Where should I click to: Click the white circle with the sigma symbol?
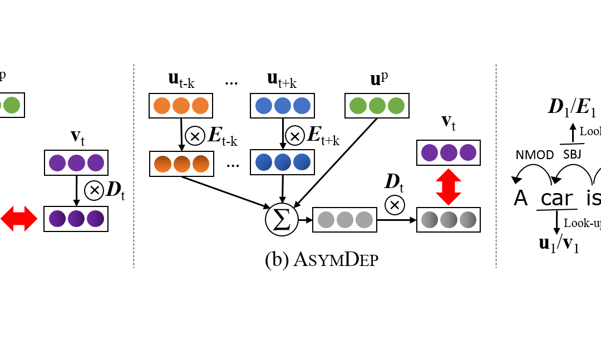[282, 219]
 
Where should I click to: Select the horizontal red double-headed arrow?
[19, 219]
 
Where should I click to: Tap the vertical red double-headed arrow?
[449, 187]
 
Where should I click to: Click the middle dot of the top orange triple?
[181, 106]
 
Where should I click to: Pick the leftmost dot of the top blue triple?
[264, 106]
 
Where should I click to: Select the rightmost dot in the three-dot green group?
[396, 106]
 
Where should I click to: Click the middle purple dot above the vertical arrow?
[449, 152]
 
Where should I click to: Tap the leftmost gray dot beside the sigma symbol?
[326, 220]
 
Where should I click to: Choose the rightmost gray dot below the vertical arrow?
[467, 220]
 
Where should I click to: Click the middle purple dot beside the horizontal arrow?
[76, 219]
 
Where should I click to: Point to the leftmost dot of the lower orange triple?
[162, 164]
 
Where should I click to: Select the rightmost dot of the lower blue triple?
[302, 162]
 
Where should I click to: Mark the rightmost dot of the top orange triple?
[200, 106]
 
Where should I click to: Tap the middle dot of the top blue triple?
[283, 106]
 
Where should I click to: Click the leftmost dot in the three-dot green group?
[358, 106]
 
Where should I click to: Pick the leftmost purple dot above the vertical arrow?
[430, 152]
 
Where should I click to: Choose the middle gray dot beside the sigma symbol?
[345, 220]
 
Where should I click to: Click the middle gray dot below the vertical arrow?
[449, 220]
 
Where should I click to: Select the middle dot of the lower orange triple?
[182, 164]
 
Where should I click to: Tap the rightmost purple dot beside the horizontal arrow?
[95, 219]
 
